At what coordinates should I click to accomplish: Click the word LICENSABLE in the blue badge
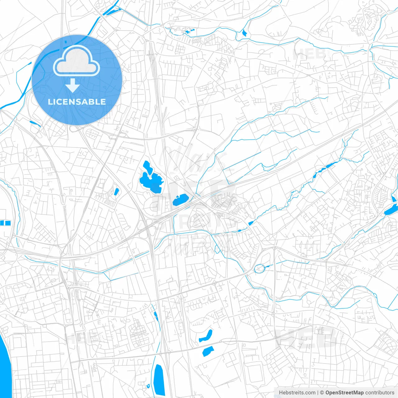(x=77, y=102)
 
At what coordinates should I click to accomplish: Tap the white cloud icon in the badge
(x=76, y=61)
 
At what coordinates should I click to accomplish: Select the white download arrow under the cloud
(x=73, y=86)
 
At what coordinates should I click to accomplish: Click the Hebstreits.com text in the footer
(x=297, y=393)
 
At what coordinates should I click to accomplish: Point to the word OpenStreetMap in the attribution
(x=344, y=393)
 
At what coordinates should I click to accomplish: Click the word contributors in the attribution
(x=380, y=393)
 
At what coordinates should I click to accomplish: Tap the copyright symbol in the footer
(x=322, y=393)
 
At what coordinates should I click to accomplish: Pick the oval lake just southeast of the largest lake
(x=180, y=200)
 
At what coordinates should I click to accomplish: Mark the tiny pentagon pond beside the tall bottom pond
(x=148, y=386)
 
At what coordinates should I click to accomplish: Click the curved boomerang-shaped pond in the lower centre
(x=206, y=336)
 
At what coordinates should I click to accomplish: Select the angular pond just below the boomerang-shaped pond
(x=208, y=351)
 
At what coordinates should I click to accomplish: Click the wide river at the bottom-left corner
(x=4, y=367)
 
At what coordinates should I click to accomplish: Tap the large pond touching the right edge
(x=391, y=210)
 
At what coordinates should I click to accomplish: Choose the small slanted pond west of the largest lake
(x=116, y=192)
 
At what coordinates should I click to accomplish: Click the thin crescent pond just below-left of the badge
(x=35, y=123)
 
